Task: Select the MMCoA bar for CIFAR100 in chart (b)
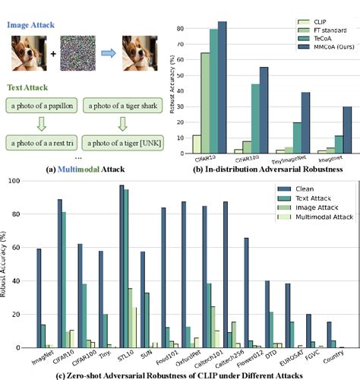[x=263, y=110]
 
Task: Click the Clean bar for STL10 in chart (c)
[x=122, y=266]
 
